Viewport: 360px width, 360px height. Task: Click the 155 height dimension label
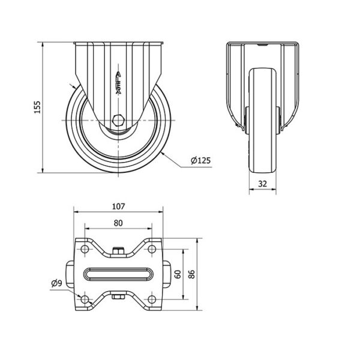[x=37, y=107]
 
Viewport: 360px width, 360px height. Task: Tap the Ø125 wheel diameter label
[x=200, y=160]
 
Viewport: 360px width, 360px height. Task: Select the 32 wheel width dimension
[x=263, y=184]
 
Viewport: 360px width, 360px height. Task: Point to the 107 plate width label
[x=118, y=206]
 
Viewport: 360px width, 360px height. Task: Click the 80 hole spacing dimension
[x=118, y=223]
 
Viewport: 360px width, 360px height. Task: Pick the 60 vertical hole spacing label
[x=178, y=274]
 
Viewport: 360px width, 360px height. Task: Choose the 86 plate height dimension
[x=191, y=274]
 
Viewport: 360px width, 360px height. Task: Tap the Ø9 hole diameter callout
[x=57, y=283]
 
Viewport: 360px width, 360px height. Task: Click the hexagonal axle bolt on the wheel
[x=118, y=120]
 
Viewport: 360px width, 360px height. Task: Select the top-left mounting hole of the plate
[x=85, y=249]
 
